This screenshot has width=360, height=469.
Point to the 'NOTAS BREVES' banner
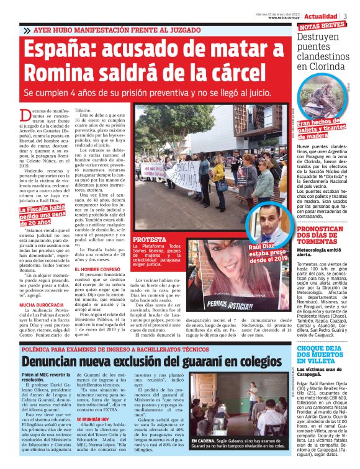(x=322, y=27)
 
